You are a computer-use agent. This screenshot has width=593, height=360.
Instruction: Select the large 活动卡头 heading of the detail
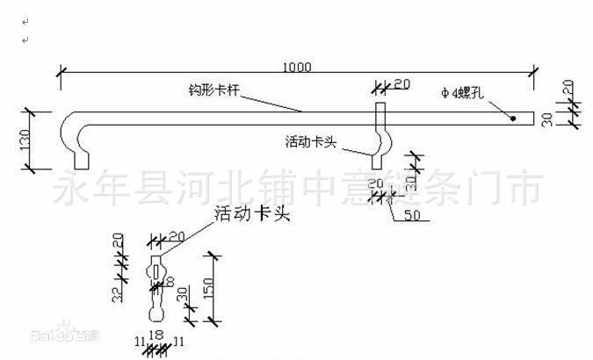point(252,213)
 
